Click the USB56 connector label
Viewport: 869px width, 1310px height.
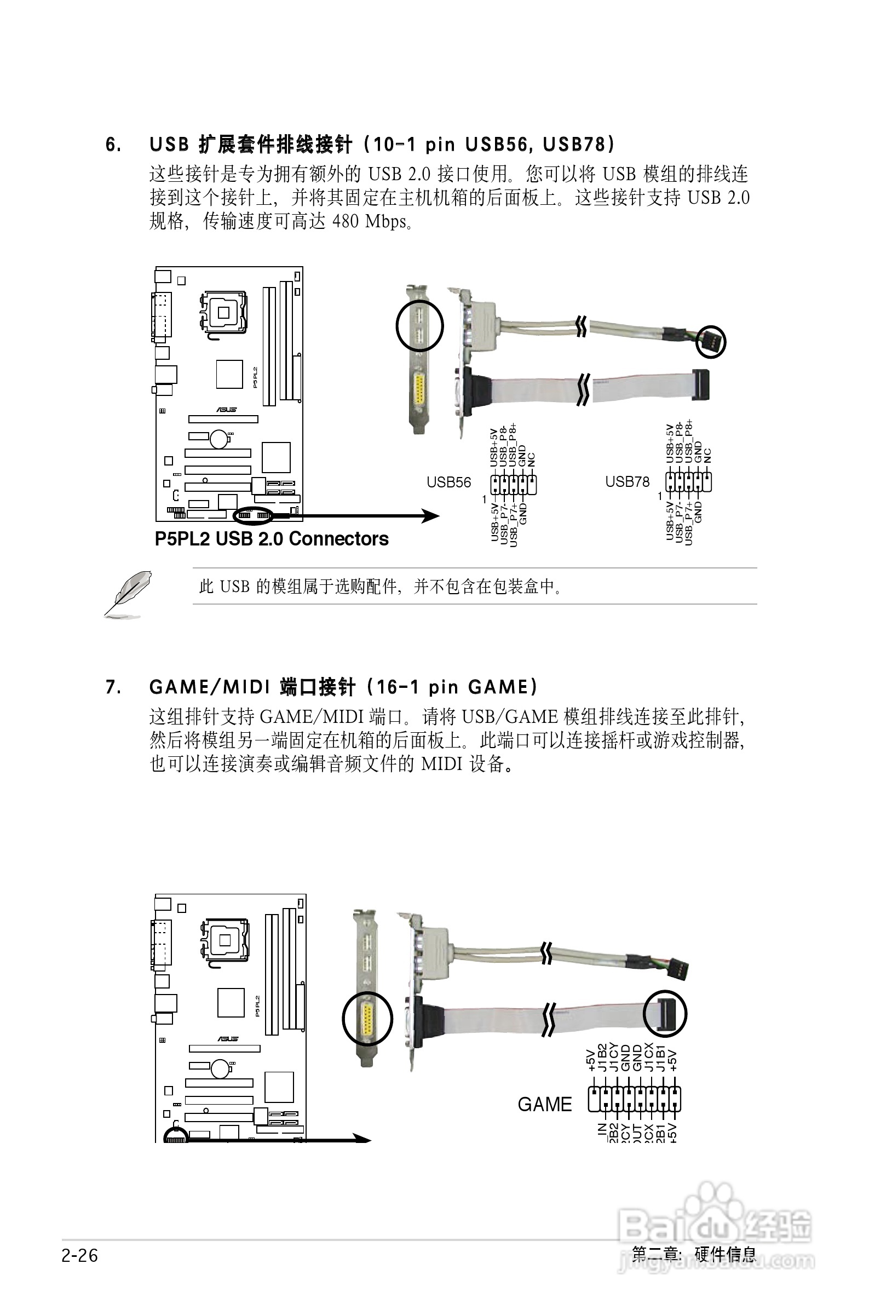448,482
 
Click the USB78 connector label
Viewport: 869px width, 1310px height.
627,481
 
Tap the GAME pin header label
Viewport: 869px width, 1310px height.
544,1105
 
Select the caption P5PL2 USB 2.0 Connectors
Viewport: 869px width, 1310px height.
272,539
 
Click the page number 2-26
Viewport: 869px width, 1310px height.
80,1256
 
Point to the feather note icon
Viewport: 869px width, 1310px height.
128,594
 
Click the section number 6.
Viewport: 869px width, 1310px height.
113,145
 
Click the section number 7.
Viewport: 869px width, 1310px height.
113,688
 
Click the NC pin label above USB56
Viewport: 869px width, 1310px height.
532,459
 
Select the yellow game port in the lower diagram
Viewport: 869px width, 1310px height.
367,1018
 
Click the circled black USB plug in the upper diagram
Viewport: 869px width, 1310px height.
711,342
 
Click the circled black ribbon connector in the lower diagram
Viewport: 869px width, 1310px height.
665,1014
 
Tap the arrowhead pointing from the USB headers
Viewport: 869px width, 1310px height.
430,516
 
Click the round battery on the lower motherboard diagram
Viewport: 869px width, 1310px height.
220,1067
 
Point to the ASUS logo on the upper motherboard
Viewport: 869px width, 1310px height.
226,410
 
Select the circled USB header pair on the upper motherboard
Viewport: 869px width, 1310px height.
254,516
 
